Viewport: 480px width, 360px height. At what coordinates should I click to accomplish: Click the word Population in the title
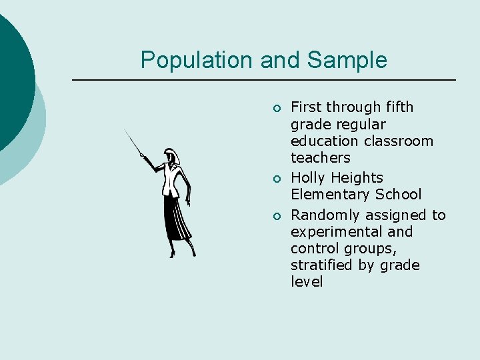click(197, 60)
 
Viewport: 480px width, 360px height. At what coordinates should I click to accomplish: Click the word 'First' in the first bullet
click(306, 107)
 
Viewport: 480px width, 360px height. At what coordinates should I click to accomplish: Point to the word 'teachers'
click(320, 158)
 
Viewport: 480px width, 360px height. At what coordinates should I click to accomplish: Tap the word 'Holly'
click(308, 178)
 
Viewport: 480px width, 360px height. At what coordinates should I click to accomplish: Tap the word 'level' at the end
click(307, 282)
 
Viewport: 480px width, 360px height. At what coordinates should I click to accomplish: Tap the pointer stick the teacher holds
click(133, 142)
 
